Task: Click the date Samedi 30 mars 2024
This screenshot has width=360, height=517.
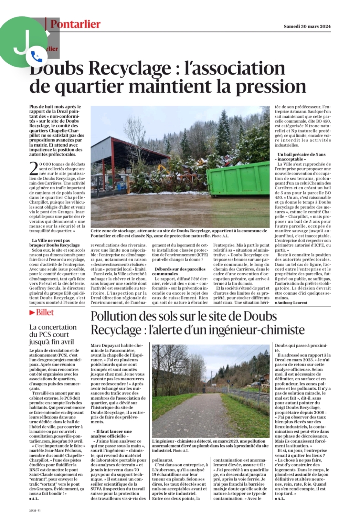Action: click(x=307, y=26)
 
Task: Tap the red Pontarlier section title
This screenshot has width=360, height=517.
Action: click(x=75, y=24)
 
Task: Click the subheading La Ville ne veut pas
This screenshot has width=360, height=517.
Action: click(x=51, y=240)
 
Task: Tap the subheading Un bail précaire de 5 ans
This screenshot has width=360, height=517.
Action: click(x=301, y=154)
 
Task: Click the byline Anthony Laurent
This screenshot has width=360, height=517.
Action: click(x=292, y=303)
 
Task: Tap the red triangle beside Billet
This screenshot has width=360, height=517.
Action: click(x=32, y=312)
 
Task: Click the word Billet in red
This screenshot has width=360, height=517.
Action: click(x=45, y=312)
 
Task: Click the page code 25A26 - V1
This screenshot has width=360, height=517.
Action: click(x=35, y=511)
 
